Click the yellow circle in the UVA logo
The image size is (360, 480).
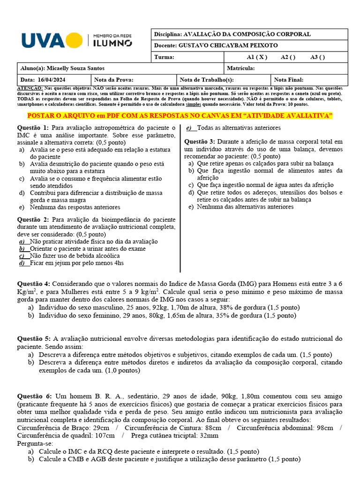tap(74, 40)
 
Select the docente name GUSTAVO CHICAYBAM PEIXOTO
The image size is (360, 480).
tap(228, 45)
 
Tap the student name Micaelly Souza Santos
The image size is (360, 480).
tap(69, 68)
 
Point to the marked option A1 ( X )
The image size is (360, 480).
tap(257, 57)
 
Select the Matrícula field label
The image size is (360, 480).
tap(240, 68)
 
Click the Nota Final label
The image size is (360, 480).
tap(288, 80)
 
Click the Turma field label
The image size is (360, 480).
tap(164, 57)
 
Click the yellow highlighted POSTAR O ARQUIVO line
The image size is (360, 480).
tap(180, 116)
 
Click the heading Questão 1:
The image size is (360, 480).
tap(33, 128)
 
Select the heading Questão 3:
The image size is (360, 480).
tap(200, 142)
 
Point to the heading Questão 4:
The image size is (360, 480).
tap(33, 284)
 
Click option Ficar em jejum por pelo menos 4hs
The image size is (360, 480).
tap(76, 263)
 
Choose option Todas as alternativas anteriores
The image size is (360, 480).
tap(239, 128)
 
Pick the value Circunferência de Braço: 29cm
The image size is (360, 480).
tap(63, 427)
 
